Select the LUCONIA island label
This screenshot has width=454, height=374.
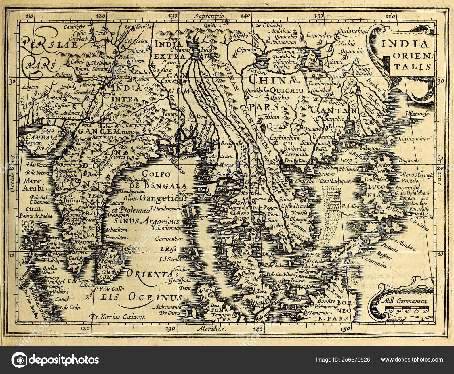[x=376, y=191]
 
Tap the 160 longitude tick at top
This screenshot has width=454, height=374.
[x=391, y=16]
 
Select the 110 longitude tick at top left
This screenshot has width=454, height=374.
[x=29, y=16]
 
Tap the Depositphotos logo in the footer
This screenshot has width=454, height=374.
[x=55, y=360]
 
